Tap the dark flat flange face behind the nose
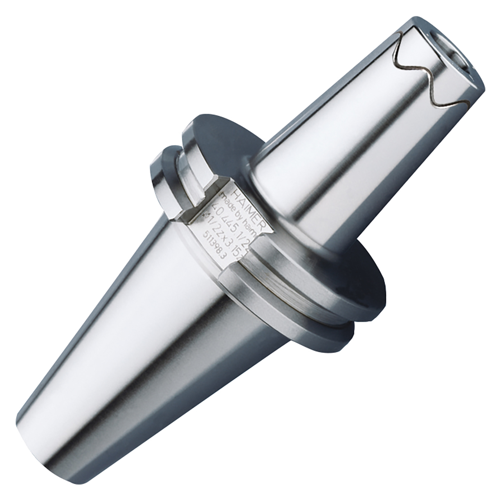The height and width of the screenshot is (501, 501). tap(219, 129)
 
